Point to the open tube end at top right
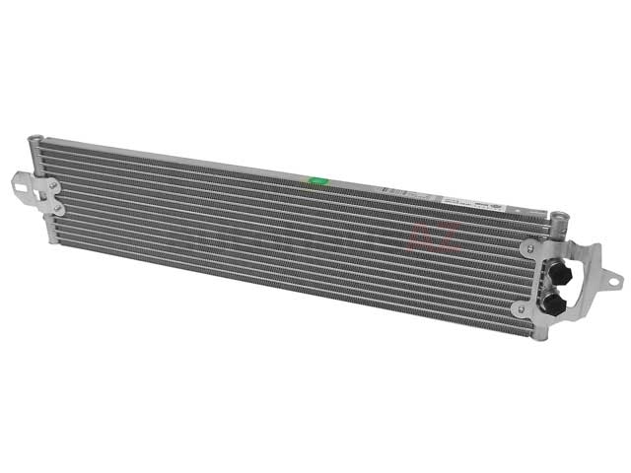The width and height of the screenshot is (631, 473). click(x=557, y=215)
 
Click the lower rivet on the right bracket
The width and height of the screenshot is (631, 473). click(x=519, y=308)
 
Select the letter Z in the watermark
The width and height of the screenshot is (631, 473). click(x=447, y=239)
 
